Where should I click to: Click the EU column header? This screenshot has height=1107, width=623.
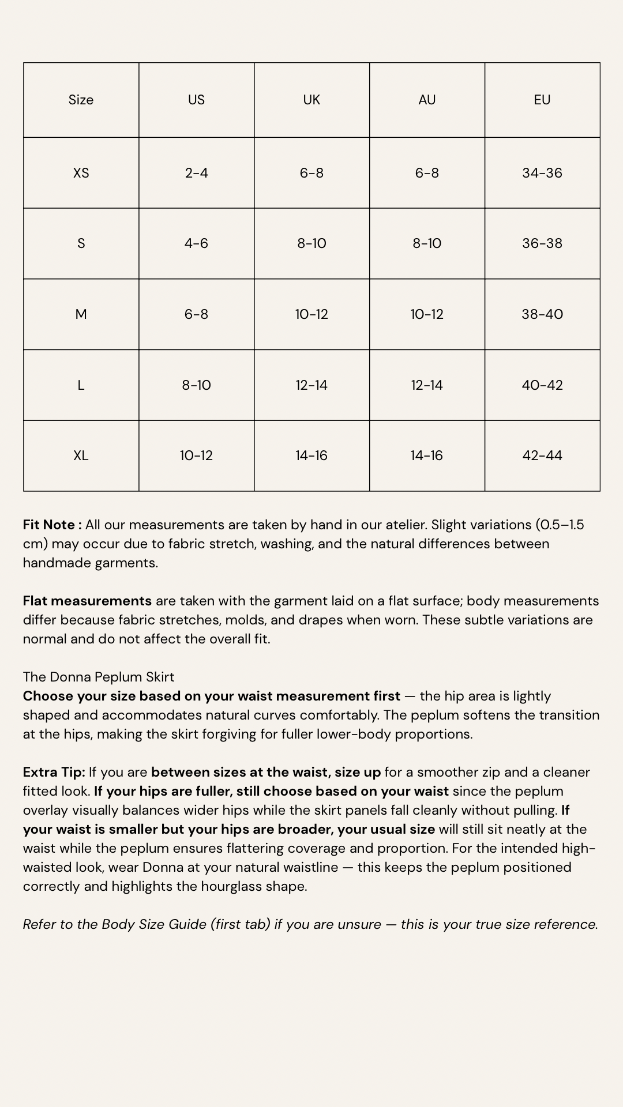tap(542, 100)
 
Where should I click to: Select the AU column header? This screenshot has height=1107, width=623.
tap(427, 100)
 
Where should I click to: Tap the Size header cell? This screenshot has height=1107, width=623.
tap(81, 100)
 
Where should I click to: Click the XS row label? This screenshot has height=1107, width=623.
tap(81, 173)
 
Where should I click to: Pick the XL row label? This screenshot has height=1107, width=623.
tap(81, 455)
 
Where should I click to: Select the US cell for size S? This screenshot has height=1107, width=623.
tap(196, 243)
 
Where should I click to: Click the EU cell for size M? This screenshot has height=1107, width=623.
tap(542, 314)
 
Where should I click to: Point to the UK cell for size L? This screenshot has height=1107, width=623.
tap(311, 385)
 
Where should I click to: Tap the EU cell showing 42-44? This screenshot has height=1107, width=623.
tap(542, 455)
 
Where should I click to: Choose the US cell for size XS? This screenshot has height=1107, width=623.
tap(196, 173)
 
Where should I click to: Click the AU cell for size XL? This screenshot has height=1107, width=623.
tap(427, 455)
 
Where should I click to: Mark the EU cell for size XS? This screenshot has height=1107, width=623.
tap(542, 173)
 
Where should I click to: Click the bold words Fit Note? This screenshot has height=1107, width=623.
tap(50, 525)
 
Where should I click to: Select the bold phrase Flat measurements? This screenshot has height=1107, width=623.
tap(87, 601)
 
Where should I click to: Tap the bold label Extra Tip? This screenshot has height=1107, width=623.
tap(54, 772)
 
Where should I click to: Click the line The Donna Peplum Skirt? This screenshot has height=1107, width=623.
tap(99, 677)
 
